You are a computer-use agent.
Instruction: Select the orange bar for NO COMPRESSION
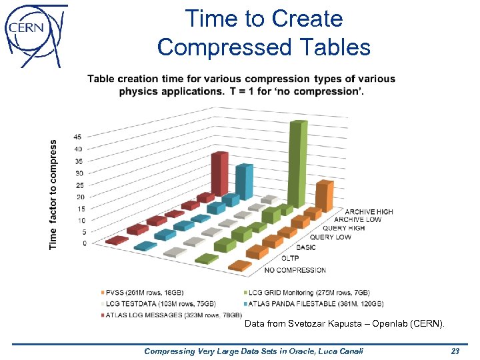click(x=239, y=266)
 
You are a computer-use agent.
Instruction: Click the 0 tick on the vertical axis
click(x=85, y=244)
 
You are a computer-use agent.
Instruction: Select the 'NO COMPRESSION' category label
click(x=295, y=270)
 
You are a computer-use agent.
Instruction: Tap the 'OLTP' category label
click(x=290, y=257)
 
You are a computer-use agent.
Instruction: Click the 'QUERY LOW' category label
click(x=330, y=237)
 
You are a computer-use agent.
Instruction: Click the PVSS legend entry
click(x=142, y=292)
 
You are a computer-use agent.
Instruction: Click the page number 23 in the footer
click(x=455, y=351)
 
